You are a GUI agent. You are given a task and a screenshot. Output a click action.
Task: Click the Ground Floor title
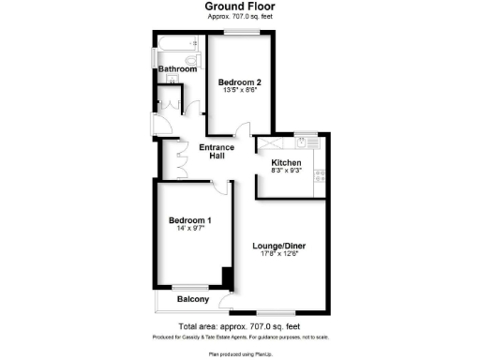239,6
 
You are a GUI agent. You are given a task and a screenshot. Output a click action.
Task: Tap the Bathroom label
176,69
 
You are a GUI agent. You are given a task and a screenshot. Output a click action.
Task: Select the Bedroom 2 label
238,82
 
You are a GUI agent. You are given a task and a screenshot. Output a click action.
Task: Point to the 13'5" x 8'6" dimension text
238,90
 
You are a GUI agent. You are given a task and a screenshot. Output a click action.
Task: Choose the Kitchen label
286,162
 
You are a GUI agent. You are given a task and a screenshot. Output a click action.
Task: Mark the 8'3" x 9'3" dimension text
286,172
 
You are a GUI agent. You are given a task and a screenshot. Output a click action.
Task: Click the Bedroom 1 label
189,220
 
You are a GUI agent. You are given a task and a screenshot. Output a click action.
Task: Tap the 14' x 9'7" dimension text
189,230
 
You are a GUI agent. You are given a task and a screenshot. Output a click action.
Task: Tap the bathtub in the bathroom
179,43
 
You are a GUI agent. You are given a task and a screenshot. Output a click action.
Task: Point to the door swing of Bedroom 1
221,187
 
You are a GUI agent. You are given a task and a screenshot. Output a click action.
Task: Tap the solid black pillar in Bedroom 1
226,278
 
